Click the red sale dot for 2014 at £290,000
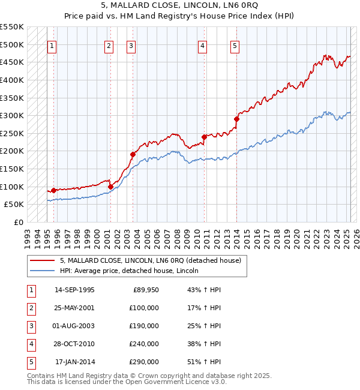click(236, 119)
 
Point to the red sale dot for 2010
click(204, 137)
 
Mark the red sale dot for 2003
click(133, 154)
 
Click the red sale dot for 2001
click(111, 187)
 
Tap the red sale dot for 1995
click(54, 190)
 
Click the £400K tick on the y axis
click(12, 80)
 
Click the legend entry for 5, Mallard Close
click(150, 260)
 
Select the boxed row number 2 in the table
click(30, 308)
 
